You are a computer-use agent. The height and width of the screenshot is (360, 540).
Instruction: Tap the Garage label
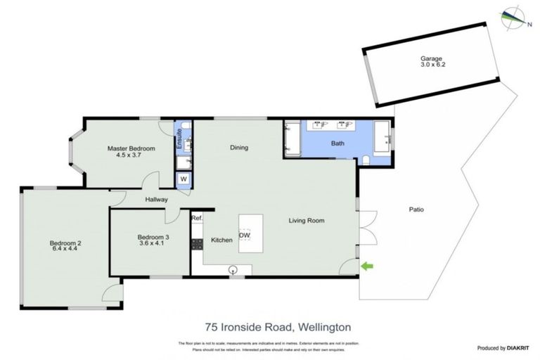click(430, 58)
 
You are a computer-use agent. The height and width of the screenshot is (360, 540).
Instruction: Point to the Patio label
click(417, 209)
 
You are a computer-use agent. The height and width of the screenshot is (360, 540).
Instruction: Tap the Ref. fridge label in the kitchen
click(197, 219)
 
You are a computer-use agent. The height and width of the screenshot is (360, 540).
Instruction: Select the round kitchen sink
click(233, 269)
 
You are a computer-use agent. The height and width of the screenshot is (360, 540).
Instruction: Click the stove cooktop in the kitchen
click(197, 244)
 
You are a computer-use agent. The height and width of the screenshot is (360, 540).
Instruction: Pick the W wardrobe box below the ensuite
click(183, 179)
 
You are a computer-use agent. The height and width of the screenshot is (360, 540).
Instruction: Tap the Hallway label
click(156, 200)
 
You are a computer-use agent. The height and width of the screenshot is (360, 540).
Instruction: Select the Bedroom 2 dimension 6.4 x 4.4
click(65, 250)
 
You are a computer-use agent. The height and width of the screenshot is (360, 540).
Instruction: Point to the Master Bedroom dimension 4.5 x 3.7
click(130, 155)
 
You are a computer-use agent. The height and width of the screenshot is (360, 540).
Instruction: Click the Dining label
click(241, 148)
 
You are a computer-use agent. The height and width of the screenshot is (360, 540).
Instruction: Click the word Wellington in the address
click(324, 327)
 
